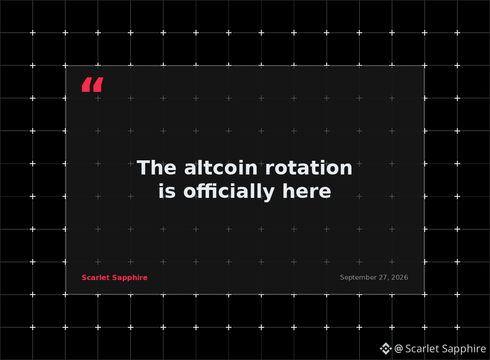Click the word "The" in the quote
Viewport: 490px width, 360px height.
(157, 168)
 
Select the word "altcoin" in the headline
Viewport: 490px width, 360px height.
(221, 168)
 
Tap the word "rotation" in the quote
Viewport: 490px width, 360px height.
(309, 168)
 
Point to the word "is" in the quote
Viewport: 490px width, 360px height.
(167, 191)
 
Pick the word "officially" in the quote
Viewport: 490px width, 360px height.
(229, 191)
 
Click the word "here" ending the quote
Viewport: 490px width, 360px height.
(307, 191)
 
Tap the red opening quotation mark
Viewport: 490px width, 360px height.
(93, 84)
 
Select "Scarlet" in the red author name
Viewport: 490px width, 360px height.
(96, 278)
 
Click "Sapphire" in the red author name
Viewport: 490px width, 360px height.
(130, 278)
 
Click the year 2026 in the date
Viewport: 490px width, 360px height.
(400, 277)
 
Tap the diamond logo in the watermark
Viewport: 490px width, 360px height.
(386, 349)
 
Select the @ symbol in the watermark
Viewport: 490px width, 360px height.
(399, 349)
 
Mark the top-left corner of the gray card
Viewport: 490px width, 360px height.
(66, 66)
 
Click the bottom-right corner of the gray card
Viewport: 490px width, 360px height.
(424, 294)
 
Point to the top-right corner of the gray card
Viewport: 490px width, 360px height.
(424, 66)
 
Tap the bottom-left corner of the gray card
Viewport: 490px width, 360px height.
(66, 294)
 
